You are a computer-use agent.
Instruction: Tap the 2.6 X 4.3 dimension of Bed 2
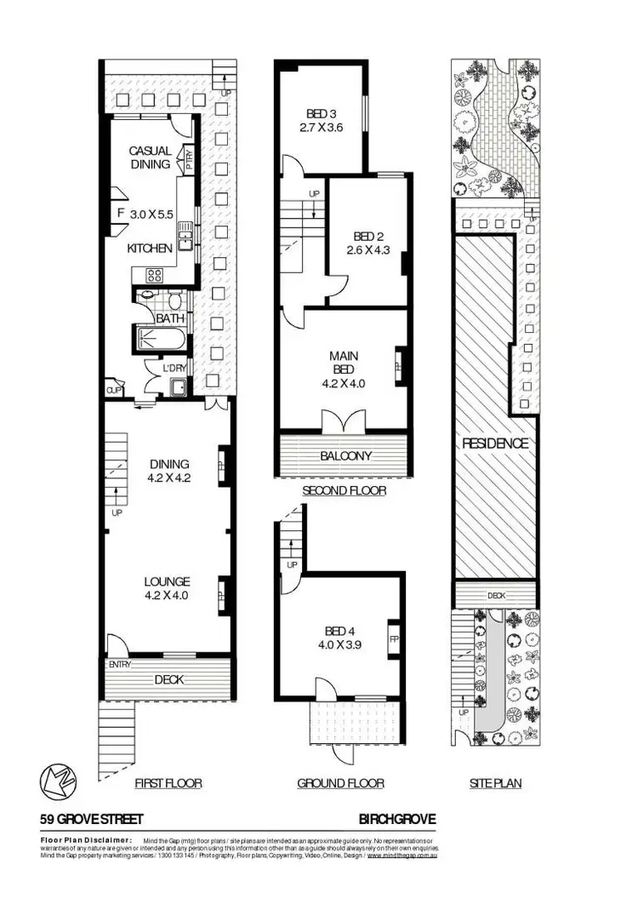point(369,250)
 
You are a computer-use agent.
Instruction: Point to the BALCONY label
point(345,455)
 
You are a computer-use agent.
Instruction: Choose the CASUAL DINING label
point(150,157)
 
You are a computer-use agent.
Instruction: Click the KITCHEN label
point(150,248)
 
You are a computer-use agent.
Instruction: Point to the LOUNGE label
point(166,583)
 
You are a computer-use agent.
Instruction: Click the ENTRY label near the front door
point(119,664)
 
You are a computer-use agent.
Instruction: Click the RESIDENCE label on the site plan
point(495,443)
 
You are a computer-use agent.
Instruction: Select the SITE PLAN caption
point(495,783)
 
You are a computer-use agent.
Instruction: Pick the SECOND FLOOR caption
point(345,491)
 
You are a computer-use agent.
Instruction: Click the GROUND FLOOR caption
point(340,783)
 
